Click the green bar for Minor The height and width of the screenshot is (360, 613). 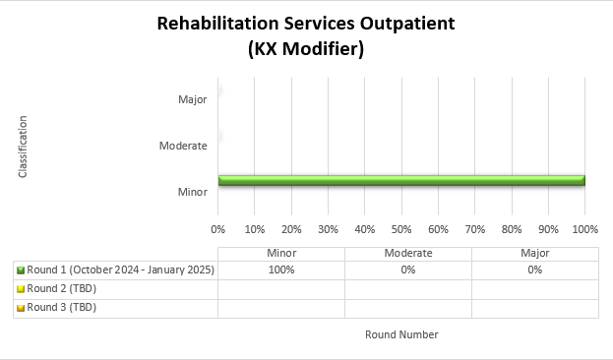tap(401, 180)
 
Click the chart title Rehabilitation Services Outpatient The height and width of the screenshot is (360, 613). tap(306, 24)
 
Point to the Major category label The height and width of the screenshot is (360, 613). tap(193, 99)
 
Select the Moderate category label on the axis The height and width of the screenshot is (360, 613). tap(183, 146)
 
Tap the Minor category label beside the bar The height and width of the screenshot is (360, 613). tap(193, 192)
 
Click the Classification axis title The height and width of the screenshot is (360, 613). tap(22, 147)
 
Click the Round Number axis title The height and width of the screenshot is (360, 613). tap(401, 334)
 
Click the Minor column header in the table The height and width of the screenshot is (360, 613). tap(281, 254)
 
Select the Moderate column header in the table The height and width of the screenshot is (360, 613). tap(407, 254)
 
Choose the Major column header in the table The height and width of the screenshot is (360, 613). tap(534, 254)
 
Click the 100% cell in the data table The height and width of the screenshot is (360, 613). tap(281, 270)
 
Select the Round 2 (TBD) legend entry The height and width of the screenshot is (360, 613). tap(61, 288)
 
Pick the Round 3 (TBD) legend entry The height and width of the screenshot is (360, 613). tap(61, 307)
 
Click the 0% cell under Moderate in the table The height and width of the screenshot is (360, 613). tap(407, 270)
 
